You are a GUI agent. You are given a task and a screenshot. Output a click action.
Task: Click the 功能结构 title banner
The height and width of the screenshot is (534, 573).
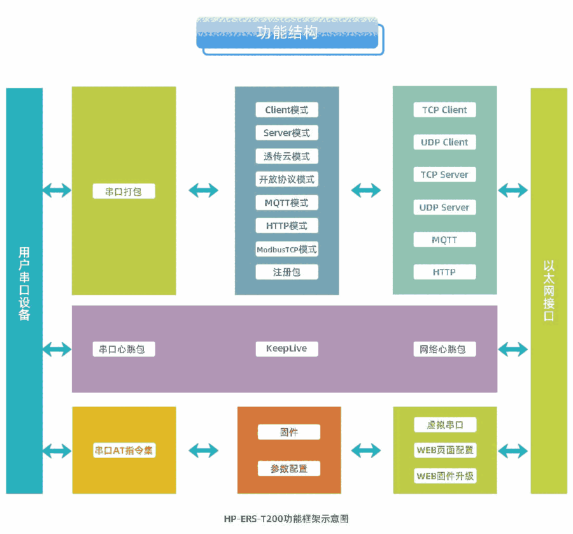coord(287,33)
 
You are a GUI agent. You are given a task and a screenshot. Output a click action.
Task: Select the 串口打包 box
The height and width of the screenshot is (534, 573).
coord(124,191)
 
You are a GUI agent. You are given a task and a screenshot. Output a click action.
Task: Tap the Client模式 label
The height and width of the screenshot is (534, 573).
coord(286,110)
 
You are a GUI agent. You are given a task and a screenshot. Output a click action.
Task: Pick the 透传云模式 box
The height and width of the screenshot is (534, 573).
coord(286,156)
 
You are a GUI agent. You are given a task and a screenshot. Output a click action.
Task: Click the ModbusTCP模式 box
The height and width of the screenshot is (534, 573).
coord(286,249)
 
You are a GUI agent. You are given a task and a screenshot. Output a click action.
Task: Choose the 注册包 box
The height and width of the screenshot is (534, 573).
coord(286,272)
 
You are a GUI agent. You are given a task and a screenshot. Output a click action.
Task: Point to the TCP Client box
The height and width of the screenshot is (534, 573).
coord(444,110)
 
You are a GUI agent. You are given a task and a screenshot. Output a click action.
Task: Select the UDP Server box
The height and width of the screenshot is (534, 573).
coord(444,208)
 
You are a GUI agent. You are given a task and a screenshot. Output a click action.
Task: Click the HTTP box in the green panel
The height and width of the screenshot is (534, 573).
coord(444,272)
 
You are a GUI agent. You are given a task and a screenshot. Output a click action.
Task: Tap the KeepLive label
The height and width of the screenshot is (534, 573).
coord(286,349)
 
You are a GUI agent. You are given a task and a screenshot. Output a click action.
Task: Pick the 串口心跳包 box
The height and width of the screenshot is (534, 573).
coord(124,349)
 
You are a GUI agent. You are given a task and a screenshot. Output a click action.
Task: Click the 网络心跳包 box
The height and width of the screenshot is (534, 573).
coord(444,349)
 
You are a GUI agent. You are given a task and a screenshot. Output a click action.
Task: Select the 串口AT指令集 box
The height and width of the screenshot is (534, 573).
coord(124,450)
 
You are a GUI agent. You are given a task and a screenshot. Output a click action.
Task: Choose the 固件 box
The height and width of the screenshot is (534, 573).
coord(289,432)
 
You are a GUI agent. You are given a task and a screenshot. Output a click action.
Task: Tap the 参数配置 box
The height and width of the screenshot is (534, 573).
coord(289,468)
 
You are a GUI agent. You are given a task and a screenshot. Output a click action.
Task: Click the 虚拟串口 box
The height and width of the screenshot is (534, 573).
coord(444,425)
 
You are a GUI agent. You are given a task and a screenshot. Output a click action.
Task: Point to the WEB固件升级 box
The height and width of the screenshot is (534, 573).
coord(444,475)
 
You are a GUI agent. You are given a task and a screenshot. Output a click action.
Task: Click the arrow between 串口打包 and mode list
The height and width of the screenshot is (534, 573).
coord(204,190)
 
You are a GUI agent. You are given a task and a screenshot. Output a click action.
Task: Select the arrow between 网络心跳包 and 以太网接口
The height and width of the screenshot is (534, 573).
coord(513,349)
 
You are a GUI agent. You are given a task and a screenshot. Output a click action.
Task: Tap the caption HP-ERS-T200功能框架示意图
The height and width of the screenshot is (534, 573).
coord(286,519)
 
